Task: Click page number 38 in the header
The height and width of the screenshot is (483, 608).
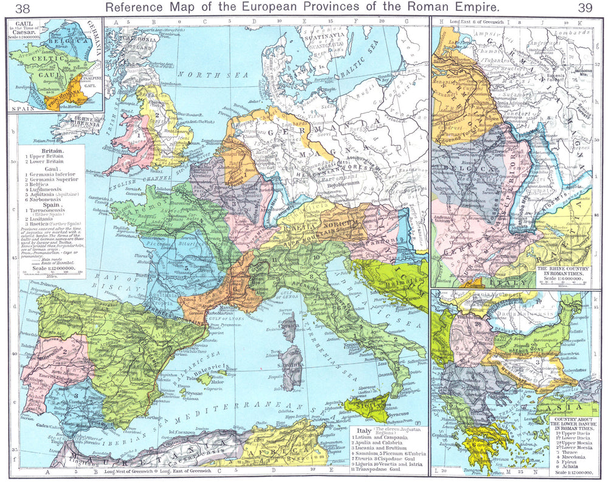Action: (23, 8)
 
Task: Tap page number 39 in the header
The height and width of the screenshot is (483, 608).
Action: (586, 8)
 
